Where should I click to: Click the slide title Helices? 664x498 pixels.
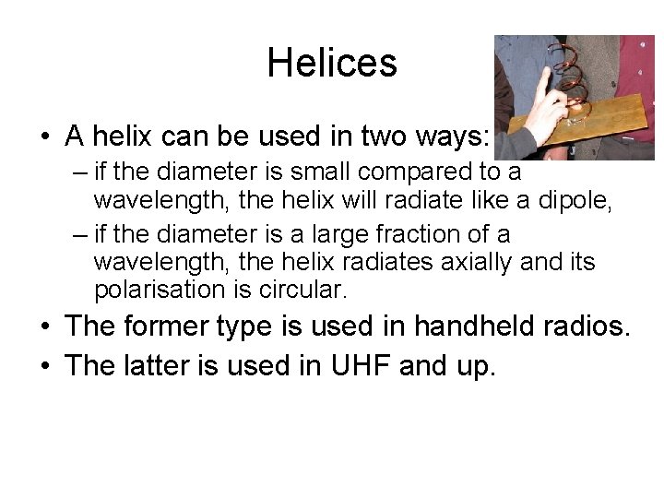point(332,63)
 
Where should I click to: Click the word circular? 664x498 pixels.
point(301,290)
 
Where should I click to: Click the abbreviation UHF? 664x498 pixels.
point(351,366)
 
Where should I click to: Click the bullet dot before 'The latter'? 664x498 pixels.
point(44,367)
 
